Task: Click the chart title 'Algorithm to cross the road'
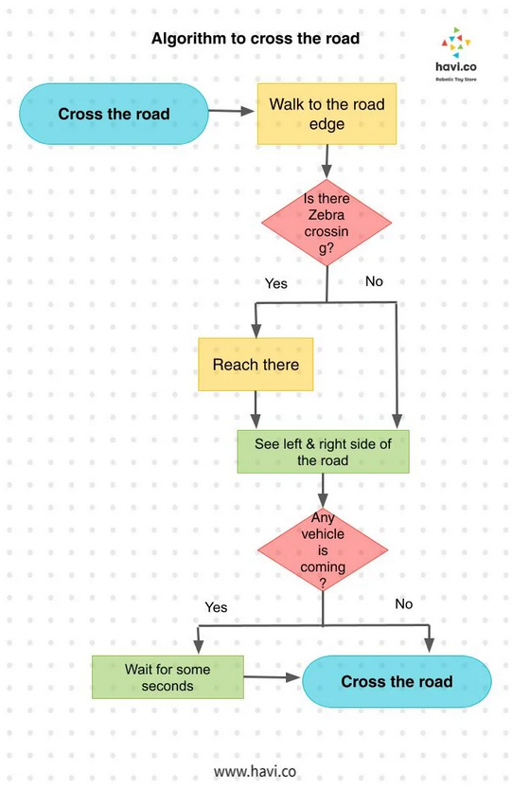[256, 38]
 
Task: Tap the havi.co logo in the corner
[455, 54]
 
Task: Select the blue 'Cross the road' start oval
[114, 114]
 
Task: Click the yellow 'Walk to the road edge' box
[327, 114]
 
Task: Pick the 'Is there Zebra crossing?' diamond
[327, 223]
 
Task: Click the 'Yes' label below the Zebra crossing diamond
[276, 283]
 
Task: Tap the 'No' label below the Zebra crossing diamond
[374, 281]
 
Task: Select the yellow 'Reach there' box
[256, 364]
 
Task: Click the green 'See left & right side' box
[323, 452]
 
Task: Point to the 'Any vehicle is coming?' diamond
[323, 549]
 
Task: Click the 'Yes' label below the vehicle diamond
[216, 607]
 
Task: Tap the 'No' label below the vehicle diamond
[404, 603]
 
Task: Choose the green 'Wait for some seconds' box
[168, 677]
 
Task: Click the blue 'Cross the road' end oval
[397, 681]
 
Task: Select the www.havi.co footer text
[255, 771]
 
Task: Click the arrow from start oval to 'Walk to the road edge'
[232, 111]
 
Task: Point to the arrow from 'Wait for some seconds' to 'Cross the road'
[273, 677]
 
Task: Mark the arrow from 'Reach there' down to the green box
[256, 409]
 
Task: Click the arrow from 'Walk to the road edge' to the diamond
[327, 162]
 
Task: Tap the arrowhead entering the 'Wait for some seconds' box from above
[199, 647]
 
